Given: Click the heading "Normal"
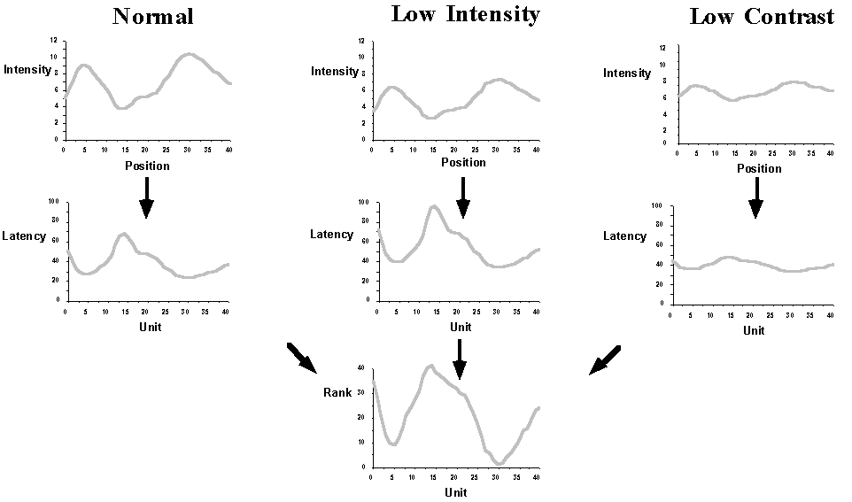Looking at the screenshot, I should point(152,16).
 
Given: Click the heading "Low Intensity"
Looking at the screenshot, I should point(465,14).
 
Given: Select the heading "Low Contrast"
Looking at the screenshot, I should point(761,16).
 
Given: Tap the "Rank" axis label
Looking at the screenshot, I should point(337,392).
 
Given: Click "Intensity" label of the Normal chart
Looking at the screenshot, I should point(27,69).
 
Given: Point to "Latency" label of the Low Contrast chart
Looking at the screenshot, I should point(624,236).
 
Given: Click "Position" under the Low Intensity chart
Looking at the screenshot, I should point(463,162).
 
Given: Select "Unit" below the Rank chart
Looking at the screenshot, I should point(455,492).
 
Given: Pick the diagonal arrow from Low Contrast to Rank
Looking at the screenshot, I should point(605,359).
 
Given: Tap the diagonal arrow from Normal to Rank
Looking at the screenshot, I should point(301,357).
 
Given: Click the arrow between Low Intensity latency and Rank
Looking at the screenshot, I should point(459,358).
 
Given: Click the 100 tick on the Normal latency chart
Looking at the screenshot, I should point(53,202).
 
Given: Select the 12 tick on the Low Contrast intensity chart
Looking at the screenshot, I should point(662,48).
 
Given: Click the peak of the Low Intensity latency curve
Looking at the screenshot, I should point(433,206).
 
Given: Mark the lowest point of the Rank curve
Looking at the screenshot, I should point(500,463).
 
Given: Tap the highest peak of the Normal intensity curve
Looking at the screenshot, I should point(187,54).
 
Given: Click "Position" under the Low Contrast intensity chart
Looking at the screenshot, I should point(760,168).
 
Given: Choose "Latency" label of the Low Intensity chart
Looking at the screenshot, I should point(331,235).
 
